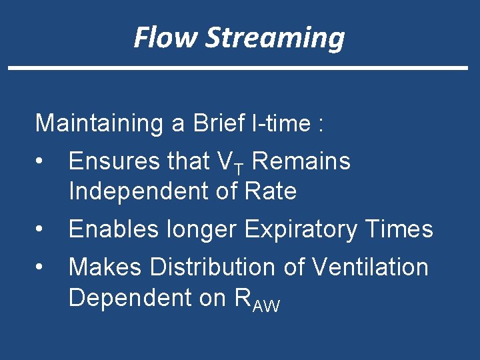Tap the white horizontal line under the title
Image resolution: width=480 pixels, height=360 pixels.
pyautogui.click(x=238, y=68)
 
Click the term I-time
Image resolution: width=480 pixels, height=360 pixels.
pyautogui.click(x=285, y=123)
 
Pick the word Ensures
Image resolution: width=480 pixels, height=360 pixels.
pyautogui.click(x=117, y=161)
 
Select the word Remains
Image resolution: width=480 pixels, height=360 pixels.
pyautogui.click(x=301, y=161)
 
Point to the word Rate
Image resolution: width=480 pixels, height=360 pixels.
pyautogui.click(x=271, y=191)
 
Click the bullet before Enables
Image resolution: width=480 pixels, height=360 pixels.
pyautogui.click(x=41, y=229)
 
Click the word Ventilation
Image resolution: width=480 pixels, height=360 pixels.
pyautogui.click(x=370, y=267)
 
